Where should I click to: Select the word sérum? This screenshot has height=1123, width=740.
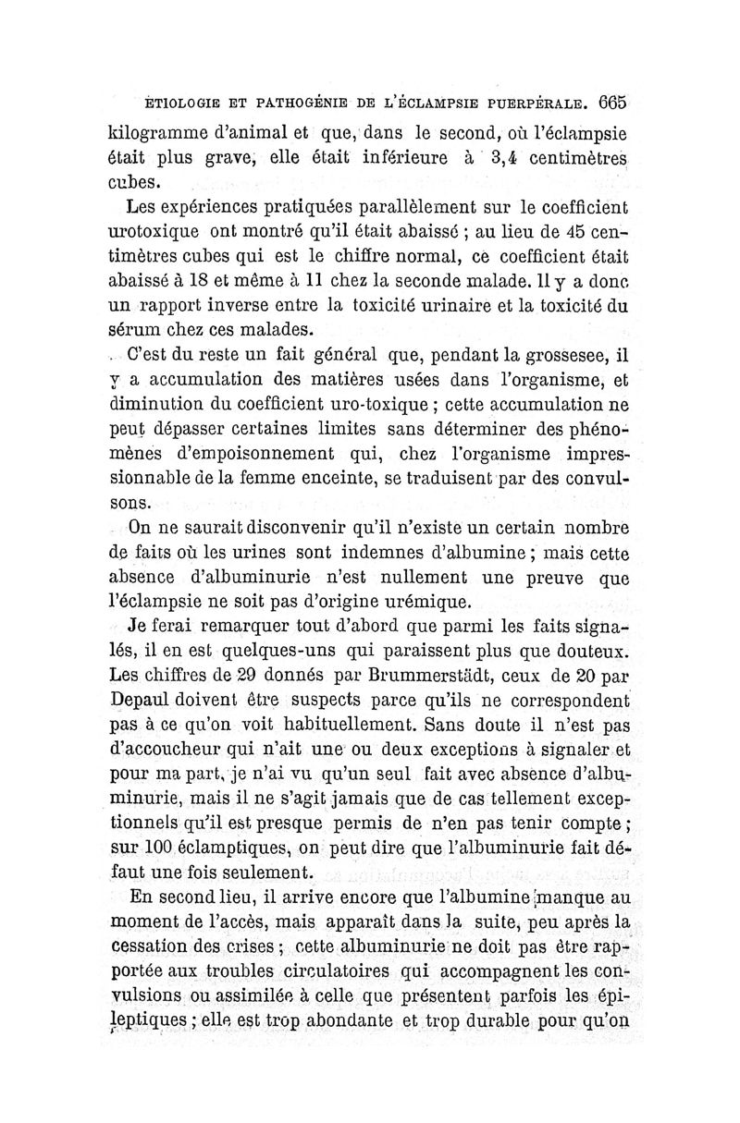[x=135, y=331]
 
